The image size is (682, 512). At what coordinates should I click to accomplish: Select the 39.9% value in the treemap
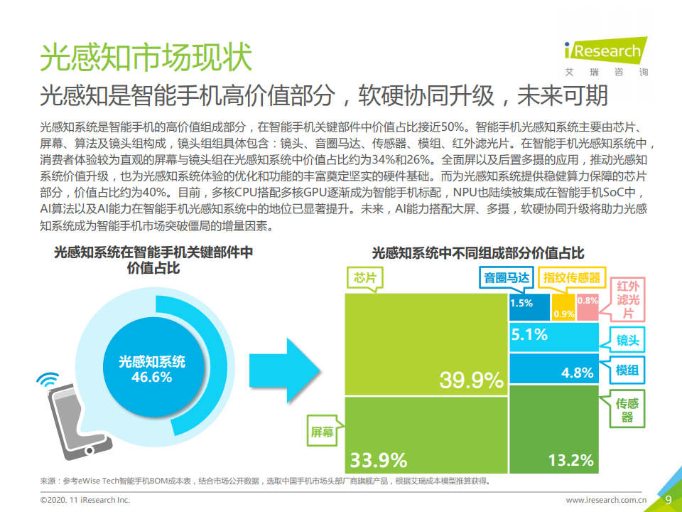(471, 380)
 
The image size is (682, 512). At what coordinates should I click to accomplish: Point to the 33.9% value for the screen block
(378, 459)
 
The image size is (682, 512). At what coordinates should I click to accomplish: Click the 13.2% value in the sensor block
(570, 460)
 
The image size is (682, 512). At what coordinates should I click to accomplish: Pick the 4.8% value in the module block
(577, 373)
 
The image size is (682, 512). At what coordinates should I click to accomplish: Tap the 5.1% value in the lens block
(529, 334)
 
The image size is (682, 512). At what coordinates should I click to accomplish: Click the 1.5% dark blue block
(521, 303)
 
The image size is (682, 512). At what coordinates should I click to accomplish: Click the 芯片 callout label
(364, 278)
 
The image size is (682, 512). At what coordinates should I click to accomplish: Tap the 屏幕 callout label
(321, 432)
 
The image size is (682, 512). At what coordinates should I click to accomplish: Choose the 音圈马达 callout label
(507, 278)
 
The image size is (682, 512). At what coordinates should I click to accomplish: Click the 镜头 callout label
(627, 341)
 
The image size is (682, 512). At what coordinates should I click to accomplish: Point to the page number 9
(668, 499)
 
